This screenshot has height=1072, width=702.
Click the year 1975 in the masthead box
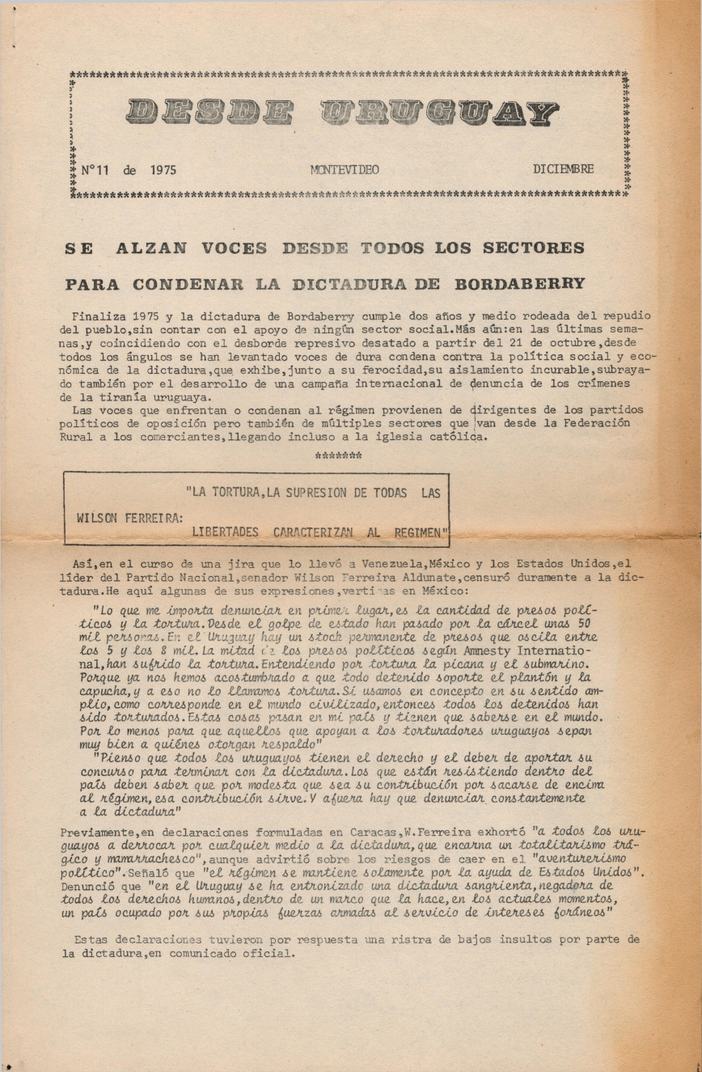[x=163, y=170]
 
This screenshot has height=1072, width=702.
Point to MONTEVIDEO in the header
[x=344, y=170]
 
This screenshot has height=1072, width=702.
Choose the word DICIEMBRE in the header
[x=563, y=169]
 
